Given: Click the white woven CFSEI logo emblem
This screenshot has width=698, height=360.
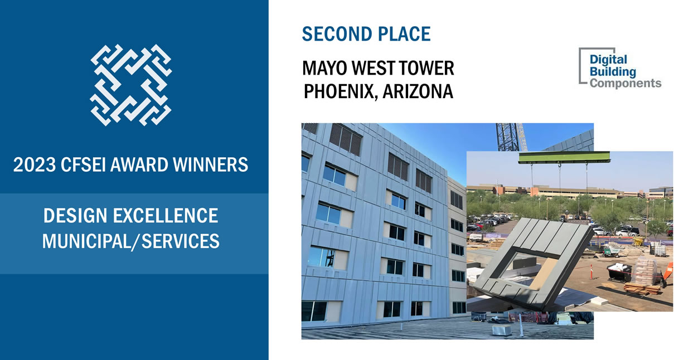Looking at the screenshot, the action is point(131,85).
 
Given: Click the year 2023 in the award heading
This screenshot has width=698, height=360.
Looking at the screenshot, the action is point(34,165).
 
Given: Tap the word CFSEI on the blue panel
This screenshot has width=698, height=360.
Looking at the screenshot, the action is point(83,165).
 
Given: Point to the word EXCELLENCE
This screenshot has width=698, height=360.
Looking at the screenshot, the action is point(166,216).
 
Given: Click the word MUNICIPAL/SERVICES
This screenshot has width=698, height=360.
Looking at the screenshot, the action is point(131,241).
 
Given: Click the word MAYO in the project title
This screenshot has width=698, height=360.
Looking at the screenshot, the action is point(324,68).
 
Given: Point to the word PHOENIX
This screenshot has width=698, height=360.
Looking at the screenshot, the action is point(341,92).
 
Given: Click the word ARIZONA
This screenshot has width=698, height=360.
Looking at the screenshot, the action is point(418,91).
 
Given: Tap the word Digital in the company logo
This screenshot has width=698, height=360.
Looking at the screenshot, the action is point(608,60).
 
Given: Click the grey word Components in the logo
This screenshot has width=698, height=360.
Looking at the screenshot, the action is point(626,84).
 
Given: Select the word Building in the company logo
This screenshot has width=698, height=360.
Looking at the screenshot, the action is point(613,72).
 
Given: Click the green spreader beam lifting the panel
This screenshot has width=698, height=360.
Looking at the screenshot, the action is point(564,157).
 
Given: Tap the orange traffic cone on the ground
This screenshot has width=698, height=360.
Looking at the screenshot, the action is point(590,272).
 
